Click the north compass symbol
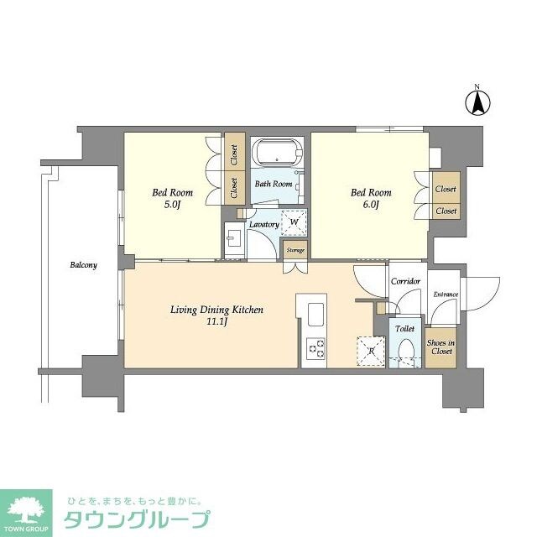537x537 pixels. click(477, 102)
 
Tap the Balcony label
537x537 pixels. click(83, 265)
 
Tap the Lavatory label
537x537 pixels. click(263, 226)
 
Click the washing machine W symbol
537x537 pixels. click(294, 223)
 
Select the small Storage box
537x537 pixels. click(295, 250)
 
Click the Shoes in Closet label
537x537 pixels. click(440, 347)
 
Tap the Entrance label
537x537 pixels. click(446, 295)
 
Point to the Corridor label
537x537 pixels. click(406, 282)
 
